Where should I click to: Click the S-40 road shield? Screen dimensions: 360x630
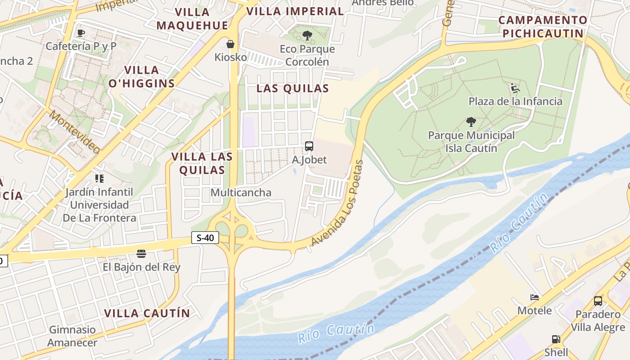tap(205, 238)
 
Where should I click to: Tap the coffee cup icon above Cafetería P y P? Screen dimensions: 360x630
tap(81, 33)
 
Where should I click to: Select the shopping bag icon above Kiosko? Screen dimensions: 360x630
tap(230, 44)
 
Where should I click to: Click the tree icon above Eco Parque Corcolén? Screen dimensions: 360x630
tap(307, 36)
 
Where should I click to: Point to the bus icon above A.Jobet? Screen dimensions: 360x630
tap(309, 146)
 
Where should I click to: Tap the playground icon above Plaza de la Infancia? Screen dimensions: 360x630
tap(515, 88)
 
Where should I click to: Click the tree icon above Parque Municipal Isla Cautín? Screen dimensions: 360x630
tap(471, 122)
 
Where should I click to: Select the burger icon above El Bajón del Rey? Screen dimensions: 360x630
tap(141, 254)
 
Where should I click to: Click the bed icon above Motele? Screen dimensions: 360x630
tap(535, 297)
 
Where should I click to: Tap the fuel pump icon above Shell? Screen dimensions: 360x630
tap(556, 339)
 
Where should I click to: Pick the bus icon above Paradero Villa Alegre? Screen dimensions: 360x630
tap(598, 301)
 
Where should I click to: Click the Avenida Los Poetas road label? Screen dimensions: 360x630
tap(337, 203)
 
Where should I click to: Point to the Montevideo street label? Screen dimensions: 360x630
tap(74, 131)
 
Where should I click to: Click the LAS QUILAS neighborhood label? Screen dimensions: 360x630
tap(292, 89)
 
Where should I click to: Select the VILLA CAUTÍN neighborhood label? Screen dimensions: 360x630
tap(147, 313)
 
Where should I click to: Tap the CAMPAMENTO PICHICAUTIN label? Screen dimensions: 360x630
tap(543, 27)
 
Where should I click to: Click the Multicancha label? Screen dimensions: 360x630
tap(241, 193)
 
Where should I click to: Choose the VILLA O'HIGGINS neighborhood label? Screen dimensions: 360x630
tap(141, 76)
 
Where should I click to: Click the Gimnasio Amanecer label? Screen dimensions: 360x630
tap(72, 336)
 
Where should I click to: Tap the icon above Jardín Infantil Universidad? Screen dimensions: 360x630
tap(99, 179)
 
